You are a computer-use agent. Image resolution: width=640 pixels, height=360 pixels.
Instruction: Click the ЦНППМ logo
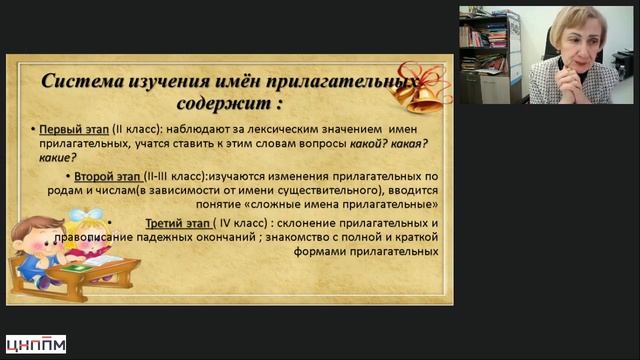coord(36,344)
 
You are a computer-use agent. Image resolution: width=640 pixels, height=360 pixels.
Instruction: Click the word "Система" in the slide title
coord(82,81)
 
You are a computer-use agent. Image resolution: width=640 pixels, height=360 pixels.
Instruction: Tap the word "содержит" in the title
coord(224,103)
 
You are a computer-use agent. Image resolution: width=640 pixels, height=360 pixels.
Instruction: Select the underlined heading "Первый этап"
coord(74,130)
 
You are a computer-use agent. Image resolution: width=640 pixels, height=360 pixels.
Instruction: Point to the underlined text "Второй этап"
coord(108,177)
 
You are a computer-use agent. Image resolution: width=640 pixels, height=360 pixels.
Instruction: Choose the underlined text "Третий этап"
coord(178,224)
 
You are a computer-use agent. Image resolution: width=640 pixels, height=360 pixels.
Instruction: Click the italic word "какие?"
coord(58,158)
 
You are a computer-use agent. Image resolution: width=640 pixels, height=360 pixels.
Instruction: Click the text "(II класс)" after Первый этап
coord(138,130)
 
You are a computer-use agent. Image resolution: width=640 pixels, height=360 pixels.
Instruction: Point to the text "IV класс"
coord(241,223)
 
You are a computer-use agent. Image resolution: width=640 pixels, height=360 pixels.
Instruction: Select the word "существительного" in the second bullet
coord(327,191)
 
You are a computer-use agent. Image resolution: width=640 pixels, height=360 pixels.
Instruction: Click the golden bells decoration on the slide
coord(420,89)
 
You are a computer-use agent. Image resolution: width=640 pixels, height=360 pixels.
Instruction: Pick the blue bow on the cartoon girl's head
coord(86,214)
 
